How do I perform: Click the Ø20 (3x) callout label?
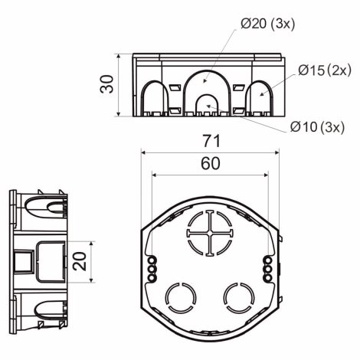(x=268, y=24)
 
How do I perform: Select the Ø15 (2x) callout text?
(x=325, y=70)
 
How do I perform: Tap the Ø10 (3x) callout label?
(x=317, y=126)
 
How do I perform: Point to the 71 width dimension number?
(x=211, y=141)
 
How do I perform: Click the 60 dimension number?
(x=211, y=163)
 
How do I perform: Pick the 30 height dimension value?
(x=106, y=84)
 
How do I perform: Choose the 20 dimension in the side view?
(x=80, y=261)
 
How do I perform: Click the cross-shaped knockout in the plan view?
(x=210, y=233)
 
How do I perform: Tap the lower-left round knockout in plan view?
(x=181, y=298)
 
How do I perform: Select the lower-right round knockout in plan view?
(x=239, y=298)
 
